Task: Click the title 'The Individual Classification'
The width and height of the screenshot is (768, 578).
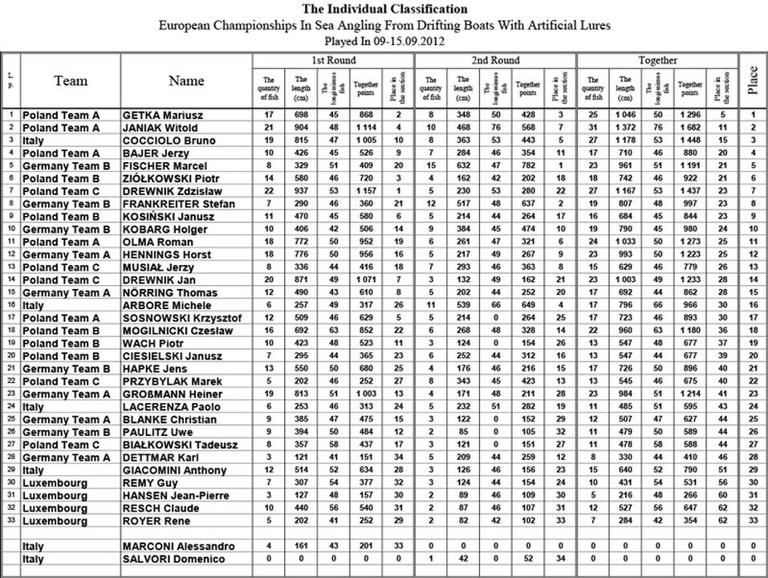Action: tap(384, 10)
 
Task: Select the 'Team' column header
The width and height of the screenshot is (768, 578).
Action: tap(71, 80)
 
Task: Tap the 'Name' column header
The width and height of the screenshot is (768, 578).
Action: tap(186, 80)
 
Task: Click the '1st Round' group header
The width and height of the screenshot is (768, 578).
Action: tap(334, 60)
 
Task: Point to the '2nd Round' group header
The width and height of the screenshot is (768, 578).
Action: tap(495, 60)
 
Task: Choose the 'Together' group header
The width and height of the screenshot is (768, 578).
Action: tap(656, 60)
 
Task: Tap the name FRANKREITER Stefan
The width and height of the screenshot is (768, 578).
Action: tap(171, 204)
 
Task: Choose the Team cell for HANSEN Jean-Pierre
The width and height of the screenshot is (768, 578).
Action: tap(55, 495)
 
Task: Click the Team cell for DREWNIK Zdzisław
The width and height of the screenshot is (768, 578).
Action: tap(61, 190)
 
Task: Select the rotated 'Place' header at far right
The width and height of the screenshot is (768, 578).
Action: tap(753, 80)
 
